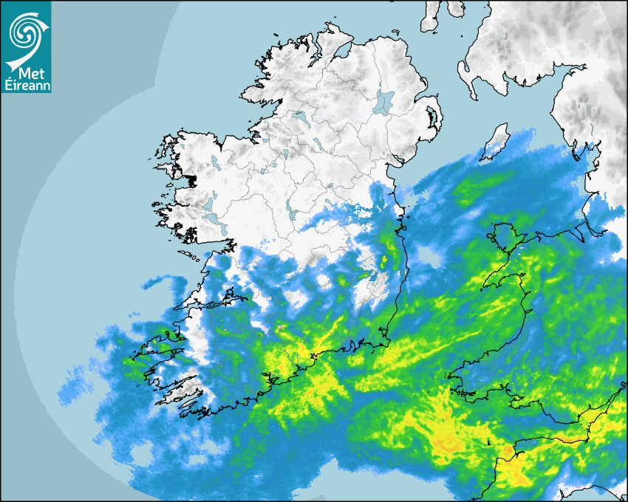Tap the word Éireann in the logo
point(26,85)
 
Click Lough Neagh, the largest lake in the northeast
point(383,102)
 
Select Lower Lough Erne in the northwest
point(299,116)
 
